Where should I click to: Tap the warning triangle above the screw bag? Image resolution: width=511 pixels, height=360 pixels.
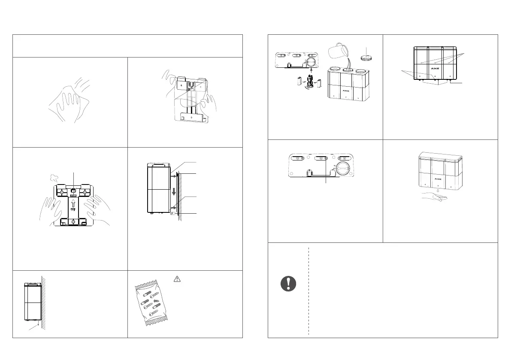(176, 279)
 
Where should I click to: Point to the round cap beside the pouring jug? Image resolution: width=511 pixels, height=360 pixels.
(366, 57)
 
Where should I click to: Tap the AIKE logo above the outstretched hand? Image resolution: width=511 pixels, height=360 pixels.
(437, 177)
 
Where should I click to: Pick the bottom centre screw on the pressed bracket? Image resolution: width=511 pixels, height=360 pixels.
(73, 222)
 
